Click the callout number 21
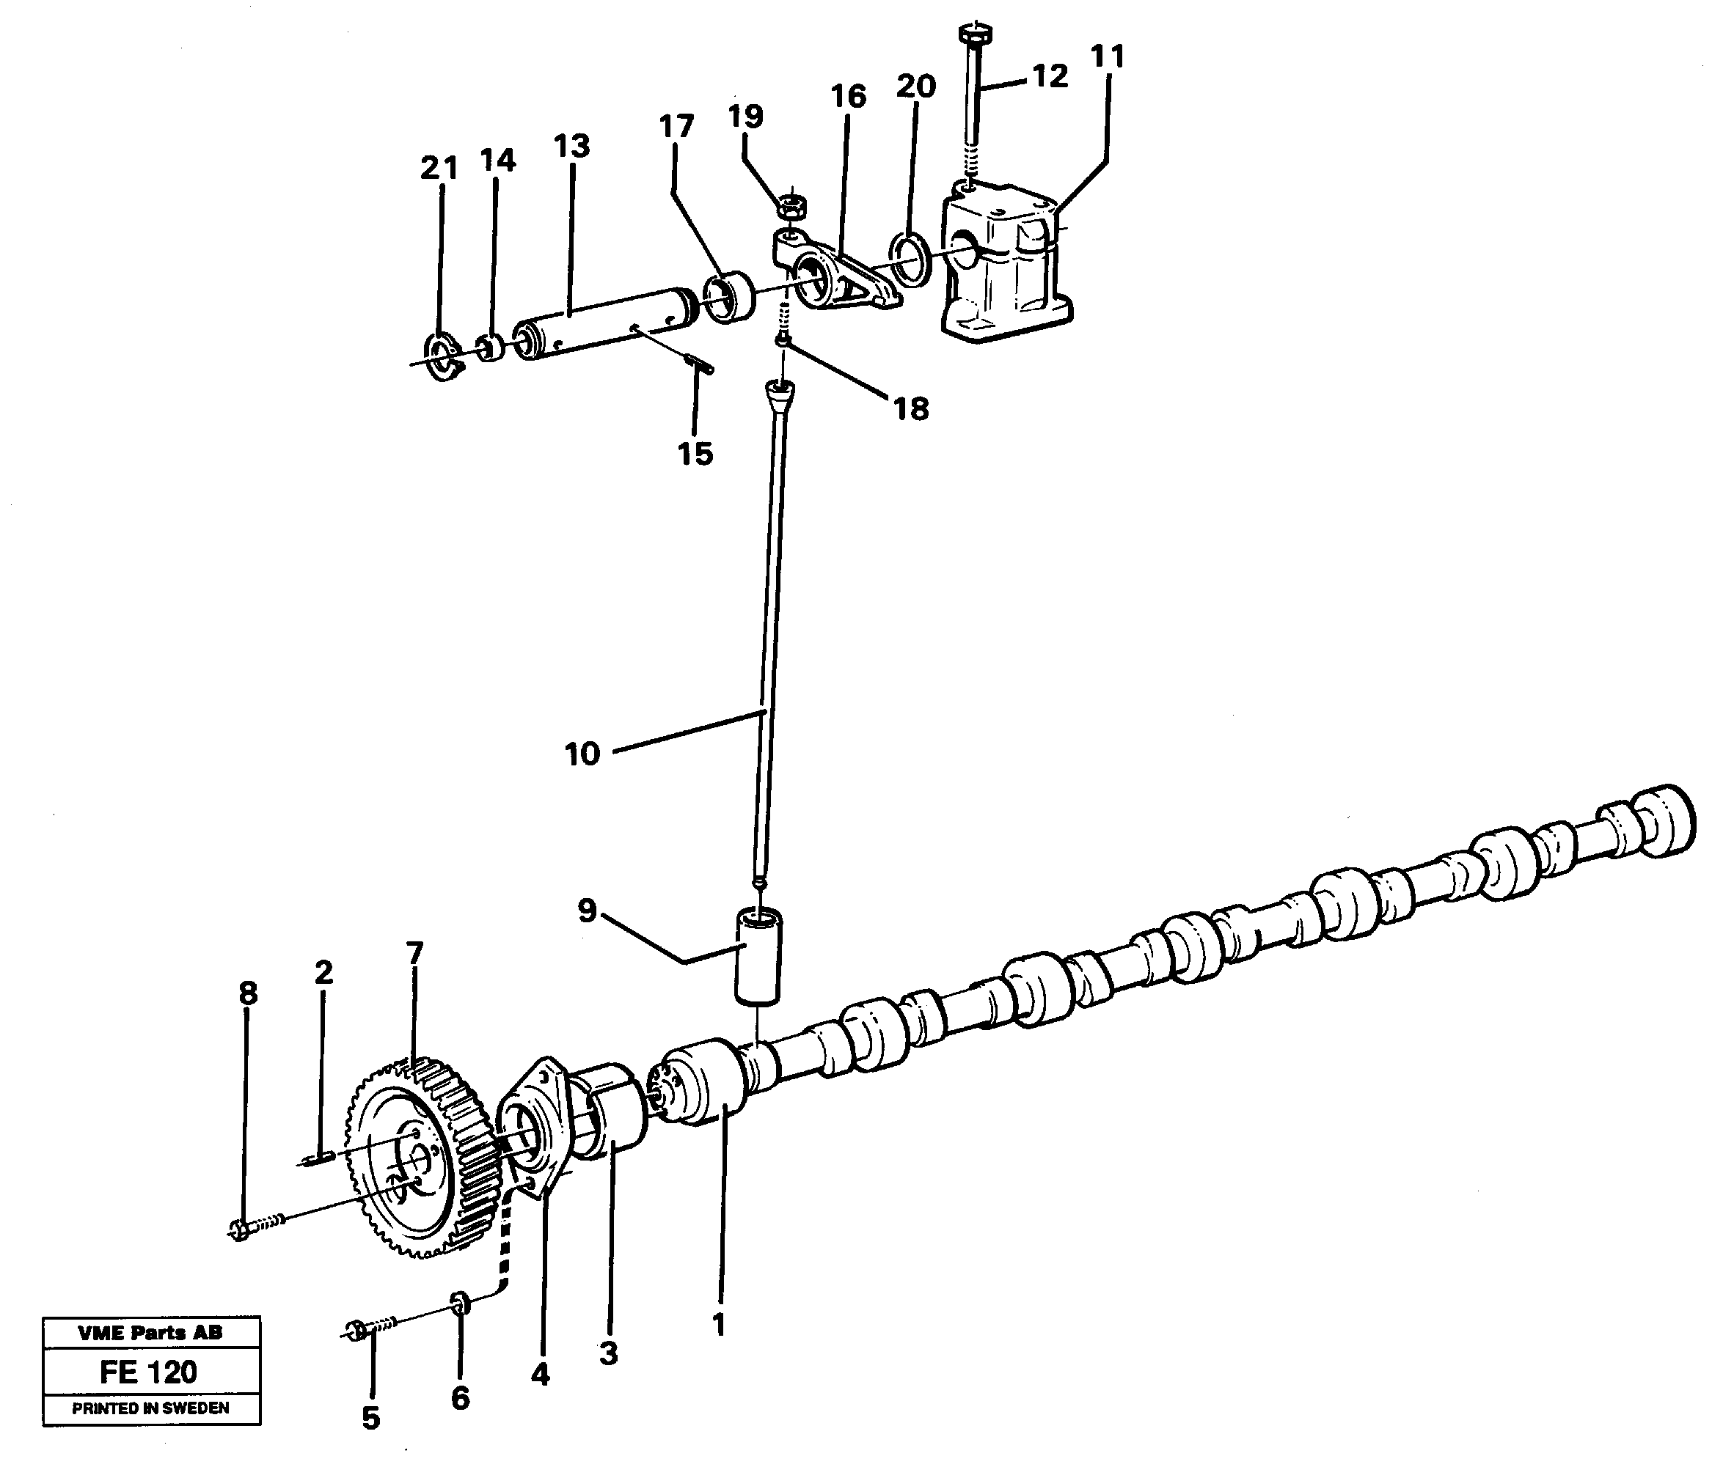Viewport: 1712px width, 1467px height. click(x=439, y=168)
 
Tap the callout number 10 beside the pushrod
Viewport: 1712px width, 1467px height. click(x=582, y=754)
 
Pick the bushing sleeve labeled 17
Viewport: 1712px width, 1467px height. click(x=729, y=298)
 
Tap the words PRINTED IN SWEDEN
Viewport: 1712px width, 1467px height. click(x=150, y=1408)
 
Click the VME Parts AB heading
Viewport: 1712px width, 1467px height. click(x=150, y=1332)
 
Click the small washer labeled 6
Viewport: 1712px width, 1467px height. click(x=460, y=1304)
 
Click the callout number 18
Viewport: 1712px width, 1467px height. click(x=910, y=408)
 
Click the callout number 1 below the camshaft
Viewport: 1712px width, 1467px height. click(x=718, y=1324)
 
